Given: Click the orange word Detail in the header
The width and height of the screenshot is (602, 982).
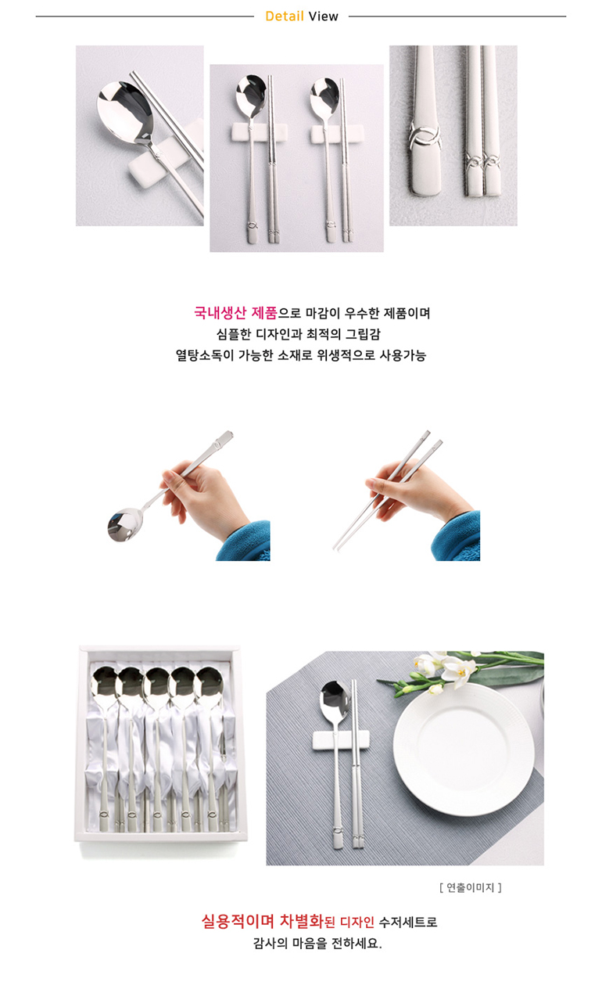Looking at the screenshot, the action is (285, 16).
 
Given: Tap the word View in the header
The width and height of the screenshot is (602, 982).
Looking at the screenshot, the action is (324, 16).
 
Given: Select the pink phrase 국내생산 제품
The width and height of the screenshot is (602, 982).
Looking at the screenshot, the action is (235, 312).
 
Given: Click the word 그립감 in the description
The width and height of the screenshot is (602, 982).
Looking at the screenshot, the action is (363, 334).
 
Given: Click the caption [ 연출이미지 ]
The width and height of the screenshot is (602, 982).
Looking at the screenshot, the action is (470, 887).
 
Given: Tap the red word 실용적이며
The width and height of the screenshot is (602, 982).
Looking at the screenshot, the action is (238, 921).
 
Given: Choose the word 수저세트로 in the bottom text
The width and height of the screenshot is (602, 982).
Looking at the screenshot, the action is (408, 922).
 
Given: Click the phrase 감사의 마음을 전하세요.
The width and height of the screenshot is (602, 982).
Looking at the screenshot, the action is (317, 943).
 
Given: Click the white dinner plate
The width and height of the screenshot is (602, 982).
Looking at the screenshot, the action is (464, 748).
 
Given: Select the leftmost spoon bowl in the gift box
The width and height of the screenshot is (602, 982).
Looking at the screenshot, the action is (104, 681).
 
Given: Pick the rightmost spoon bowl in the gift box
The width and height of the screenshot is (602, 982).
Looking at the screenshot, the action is (210, 681).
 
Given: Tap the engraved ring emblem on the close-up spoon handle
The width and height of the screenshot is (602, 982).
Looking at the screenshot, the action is (424, 134).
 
